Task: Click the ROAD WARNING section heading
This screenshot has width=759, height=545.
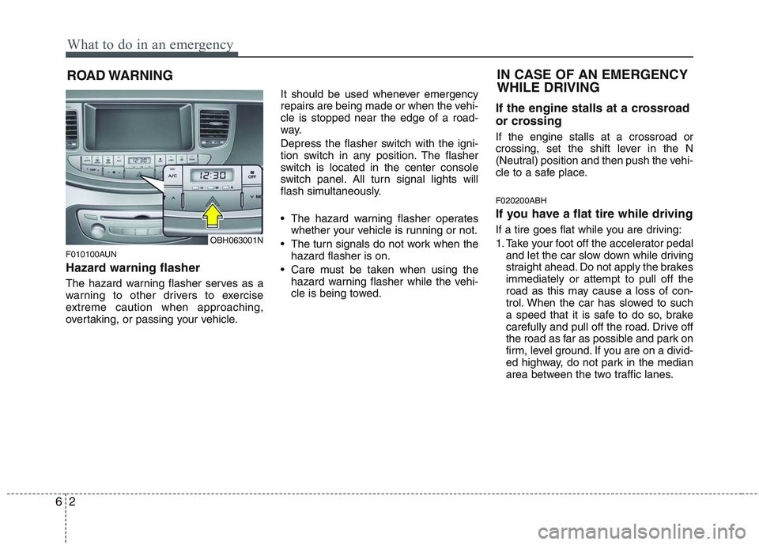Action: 119,76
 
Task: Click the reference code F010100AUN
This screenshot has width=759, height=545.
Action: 91,254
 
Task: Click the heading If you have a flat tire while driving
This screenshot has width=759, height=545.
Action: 594,214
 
